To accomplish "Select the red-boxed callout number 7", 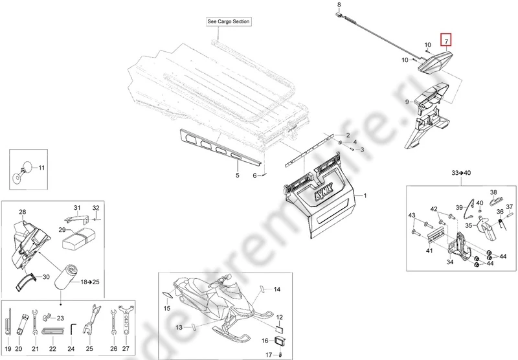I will [445, 41].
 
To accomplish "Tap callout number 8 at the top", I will [338, 5].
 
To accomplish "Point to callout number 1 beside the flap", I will [365, 196].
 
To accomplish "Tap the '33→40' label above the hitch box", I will [461, 173].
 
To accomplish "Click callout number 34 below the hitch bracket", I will [449, 263].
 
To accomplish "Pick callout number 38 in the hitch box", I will [493, 192].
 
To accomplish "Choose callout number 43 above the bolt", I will [412, 215].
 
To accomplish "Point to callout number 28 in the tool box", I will [22, 212].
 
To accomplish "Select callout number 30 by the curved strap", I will [46, 277].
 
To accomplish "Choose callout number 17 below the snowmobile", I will [269, 354].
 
